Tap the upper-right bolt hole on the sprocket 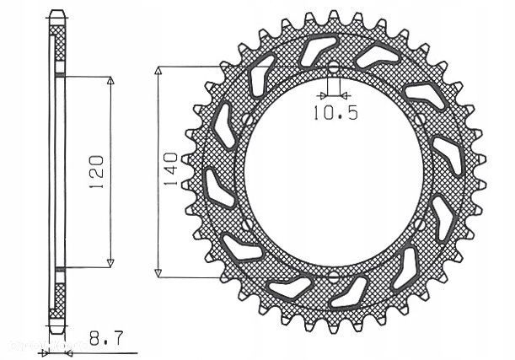click(421, 121)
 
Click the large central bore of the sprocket click(332, 172)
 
